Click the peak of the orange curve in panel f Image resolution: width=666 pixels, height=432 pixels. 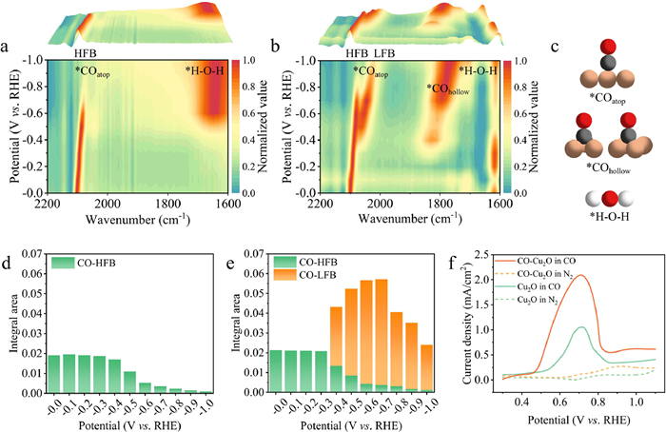pos(579,276)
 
